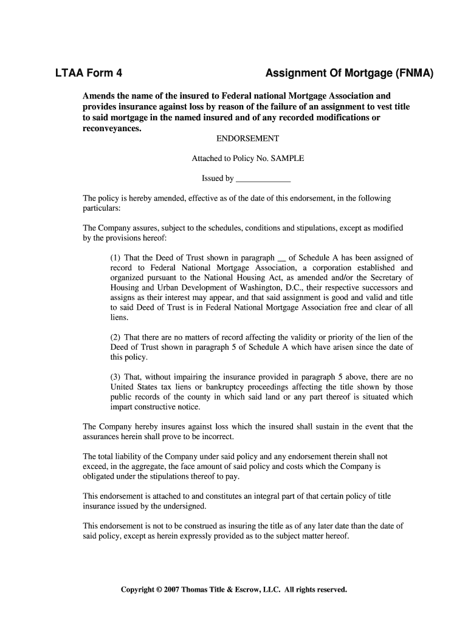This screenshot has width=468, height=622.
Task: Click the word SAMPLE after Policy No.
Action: coord(290,159)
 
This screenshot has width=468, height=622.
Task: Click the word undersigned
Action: coord(185,506)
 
